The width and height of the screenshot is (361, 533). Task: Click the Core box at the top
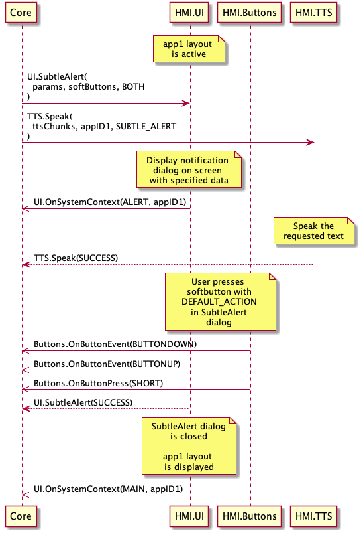click(21, 13)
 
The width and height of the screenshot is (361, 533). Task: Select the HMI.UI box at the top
click(189, 13)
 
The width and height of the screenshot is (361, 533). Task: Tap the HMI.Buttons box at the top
click(249, 13)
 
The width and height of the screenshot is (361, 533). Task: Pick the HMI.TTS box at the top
click(313, 13)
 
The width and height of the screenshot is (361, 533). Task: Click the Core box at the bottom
click(21, 516)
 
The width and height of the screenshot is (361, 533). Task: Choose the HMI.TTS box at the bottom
click(313, 516)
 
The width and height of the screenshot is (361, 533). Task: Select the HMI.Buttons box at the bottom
click(249, 516)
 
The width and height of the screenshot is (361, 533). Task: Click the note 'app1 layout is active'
click(189, 49)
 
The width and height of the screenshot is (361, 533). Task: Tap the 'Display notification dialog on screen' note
click(189, 170)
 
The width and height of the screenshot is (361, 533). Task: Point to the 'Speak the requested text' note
click(314, 231)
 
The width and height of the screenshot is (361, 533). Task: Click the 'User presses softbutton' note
click(221, 301)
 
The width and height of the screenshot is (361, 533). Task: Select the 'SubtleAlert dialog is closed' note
click(189, 445)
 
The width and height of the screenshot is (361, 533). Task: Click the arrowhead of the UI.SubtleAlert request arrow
click(186, 103)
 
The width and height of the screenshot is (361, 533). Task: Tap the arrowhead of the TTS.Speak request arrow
click(311, 143)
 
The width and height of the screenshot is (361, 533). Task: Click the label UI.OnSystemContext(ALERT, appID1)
click(110, 202)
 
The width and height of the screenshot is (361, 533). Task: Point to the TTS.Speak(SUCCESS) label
click(76, 258)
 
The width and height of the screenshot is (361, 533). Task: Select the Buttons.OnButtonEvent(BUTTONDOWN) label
click(115, 344)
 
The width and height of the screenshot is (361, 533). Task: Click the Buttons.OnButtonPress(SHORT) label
click(99, 384)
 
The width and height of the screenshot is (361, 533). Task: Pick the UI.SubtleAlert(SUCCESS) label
click(83, 403)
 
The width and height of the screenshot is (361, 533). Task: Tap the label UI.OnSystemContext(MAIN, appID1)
click(108, 489)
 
